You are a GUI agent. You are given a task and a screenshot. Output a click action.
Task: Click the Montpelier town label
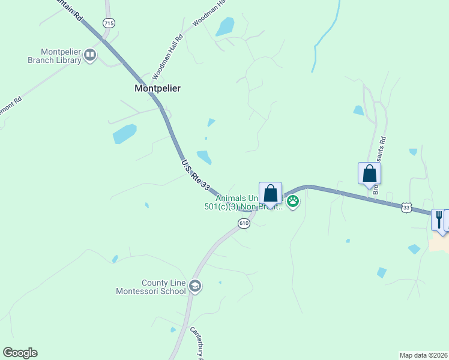point(157,88)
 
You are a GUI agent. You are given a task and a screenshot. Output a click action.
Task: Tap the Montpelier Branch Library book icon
point(90,56)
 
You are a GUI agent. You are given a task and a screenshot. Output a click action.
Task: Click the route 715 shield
point(108,23)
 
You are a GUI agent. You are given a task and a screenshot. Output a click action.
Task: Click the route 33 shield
point(407,207)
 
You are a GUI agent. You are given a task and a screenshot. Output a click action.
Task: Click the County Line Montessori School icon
point(194,287)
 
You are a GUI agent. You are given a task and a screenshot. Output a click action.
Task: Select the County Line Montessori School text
point(151,287)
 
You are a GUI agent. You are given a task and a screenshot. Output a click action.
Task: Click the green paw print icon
point(293,201)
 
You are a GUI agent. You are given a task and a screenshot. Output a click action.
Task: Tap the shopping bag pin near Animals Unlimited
point(270,194)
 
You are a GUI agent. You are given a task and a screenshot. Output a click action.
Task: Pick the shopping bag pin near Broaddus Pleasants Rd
point(369,174)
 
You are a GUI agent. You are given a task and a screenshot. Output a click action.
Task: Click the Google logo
point(20,353)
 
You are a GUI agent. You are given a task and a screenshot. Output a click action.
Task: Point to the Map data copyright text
point(423,355)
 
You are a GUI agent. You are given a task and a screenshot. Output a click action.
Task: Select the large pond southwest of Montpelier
point(124,134)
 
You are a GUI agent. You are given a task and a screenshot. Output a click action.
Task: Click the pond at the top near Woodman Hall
point(225,26)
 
